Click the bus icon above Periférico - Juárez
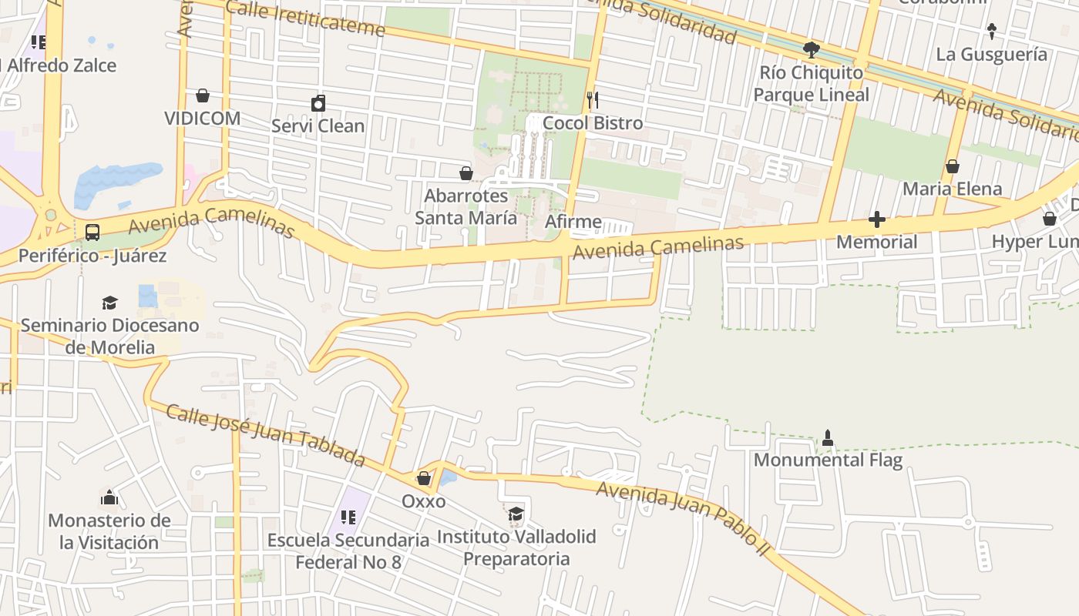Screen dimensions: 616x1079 [92, 232]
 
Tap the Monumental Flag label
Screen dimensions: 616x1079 [828, 460]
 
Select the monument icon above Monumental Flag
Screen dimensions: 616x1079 [828, 438]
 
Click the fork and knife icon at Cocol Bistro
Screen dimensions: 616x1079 [593, 99]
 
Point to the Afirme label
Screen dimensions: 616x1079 [573, 222]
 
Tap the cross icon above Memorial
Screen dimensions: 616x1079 [876, 219]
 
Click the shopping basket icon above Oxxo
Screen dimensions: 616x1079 [423, 478]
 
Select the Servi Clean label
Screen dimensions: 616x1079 [318, 126]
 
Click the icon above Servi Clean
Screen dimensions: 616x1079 [318, 103]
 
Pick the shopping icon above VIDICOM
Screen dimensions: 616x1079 [203, 95]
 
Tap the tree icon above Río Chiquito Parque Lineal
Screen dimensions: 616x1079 [811, 50]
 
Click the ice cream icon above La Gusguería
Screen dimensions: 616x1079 [992, 32]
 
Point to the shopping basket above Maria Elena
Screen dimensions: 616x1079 [953, 166]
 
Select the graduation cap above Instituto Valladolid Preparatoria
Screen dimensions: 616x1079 [515, 514]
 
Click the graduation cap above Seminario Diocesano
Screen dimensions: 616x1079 [109, 303]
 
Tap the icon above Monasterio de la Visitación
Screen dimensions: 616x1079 [109, 498]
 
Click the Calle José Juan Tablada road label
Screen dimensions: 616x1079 [265, 436]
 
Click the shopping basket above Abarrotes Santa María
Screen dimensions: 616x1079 [466, 173]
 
